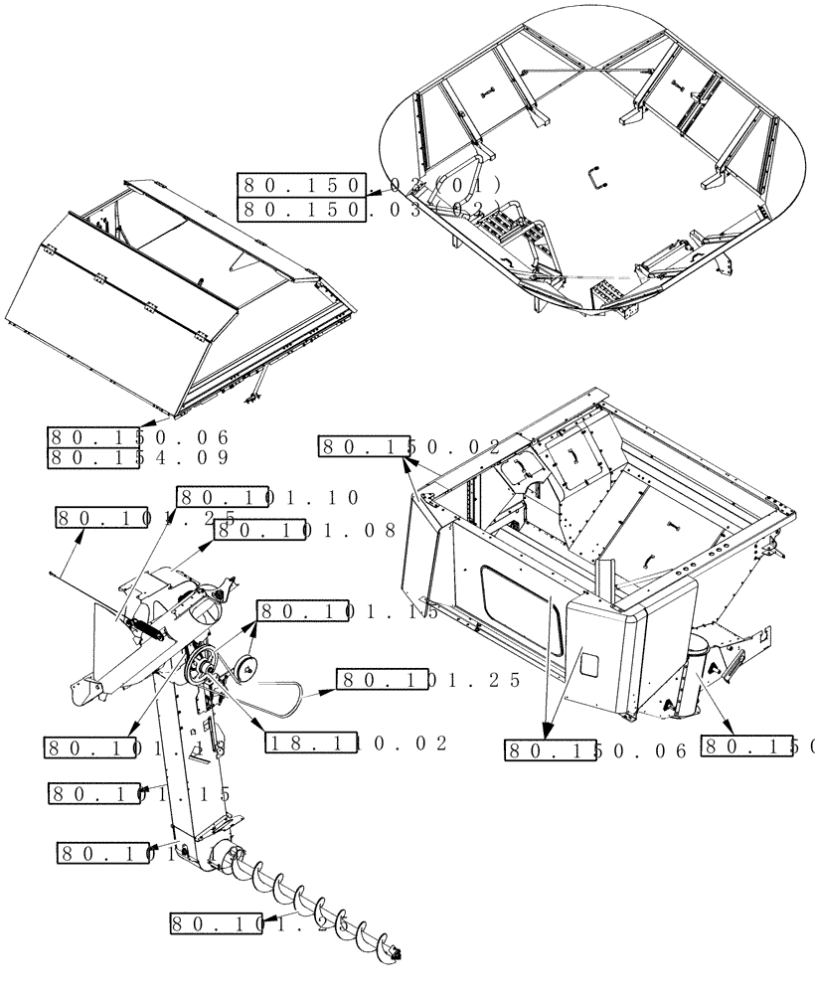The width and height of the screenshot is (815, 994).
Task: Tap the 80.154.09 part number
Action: [x=139, y=458]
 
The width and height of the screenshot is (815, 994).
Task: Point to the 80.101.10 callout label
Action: [x=268, y=498]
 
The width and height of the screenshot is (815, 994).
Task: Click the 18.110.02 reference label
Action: [x=357, y=743]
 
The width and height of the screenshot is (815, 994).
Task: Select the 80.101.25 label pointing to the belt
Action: [x=429, y=681]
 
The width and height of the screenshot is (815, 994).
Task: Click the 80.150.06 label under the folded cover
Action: [x=139, y=437]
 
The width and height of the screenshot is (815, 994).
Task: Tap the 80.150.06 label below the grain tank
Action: [x=596, y=751]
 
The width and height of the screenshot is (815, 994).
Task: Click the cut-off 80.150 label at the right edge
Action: [x=755, y=745]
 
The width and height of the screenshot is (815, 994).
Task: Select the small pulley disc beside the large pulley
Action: [x=245, y=672]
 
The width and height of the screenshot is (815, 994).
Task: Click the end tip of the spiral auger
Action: [x=400, y=952]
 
